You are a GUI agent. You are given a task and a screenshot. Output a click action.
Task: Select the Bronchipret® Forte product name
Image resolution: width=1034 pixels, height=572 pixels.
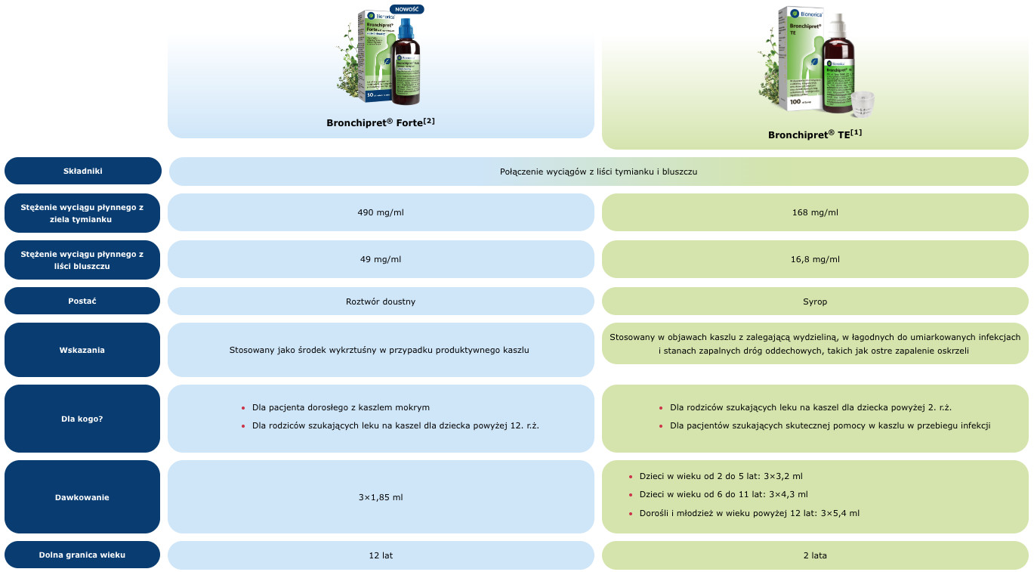click(381, 122)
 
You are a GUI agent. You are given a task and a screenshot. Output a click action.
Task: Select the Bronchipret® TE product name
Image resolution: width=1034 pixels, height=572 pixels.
click(815, 134)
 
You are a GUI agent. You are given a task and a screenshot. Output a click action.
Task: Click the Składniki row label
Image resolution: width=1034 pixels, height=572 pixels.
click(83, 171)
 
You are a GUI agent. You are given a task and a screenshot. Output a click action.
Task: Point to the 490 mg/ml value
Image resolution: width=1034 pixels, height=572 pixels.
click(381, 212)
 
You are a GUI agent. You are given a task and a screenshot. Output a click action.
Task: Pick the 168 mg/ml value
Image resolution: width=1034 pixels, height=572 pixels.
click(815, 212)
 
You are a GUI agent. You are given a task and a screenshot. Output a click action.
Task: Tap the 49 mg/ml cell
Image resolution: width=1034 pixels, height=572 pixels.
click(381, 259)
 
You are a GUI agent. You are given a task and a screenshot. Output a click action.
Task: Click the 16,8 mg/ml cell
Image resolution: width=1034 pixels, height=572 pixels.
click(815, 259)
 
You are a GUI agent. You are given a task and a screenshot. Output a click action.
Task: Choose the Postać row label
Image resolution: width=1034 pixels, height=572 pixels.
click(83, 301)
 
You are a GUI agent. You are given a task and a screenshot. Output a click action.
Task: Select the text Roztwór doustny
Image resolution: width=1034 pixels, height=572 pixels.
click(381, 301)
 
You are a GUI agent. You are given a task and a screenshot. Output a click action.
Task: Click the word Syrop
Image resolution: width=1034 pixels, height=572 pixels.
click(815, 301)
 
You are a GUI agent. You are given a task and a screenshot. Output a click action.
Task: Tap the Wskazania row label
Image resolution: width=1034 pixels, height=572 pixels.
click(83, 350)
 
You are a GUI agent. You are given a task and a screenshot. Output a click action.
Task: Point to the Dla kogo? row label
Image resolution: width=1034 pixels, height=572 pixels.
click(83, 418)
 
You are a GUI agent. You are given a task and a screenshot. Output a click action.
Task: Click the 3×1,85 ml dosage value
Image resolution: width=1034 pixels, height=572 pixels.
click(381, 497)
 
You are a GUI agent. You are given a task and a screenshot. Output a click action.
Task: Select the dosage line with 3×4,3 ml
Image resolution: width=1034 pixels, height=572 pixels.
click(723, 495)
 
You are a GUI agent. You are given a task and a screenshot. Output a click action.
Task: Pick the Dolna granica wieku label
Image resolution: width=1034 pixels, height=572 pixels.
click(83, 555)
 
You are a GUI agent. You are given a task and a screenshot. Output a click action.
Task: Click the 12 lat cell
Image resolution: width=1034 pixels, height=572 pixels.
click(381, 555)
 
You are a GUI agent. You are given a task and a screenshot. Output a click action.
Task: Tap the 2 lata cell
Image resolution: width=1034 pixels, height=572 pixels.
click(815, 555)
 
